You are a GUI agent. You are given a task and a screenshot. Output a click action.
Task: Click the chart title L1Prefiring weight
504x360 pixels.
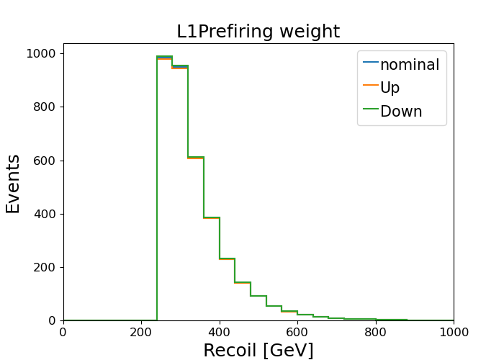[258, 32]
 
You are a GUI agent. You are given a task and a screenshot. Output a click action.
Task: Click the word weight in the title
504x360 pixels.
[310, 32]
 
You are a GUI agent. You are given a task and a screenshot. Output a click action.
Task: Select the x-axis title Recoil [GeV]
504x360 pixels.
[258, 350]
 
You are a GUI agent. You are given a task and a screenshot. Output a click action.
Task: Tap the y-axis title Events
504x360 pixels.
[13, 184]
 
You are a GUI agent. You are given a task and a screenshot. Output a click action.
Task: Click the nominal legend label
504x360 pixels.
[410, 65]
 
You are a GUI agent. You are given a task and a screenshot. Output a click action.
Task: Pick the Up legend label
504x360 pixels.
[390, 88]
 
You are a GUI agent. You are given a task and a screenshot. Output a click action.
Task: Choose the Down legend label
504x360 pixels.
[401, 111]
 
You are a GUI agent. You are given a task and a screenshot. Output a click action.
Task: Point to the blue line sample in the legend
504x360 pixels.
[371, 62]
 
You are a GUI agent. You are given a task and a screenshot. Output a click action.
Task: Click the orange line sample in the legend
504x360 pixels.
[371, 85]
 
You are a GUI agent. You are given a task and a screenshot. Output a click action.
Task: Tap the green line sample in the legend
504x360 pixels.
[371, 109]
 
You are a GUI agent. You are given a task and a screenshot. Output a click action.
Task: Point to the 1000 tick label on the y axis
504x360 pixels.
[41, 53]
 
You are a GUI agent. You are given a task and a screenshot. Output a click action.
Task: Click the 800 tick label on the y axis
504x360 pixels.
[45, 107]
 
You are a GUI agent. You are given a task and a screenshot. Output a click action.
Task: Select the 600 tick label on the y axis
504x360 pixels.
[45, 161]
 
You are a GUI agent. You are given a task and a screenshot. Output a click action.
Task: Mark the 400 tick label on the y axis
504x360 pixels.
[45, 214]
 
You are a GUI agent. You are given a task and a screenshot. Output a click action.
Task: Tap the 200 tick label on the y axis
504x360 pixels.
[45, 267]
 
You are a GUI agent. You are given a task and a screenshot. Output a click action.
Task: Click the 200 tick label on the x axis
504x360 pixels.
[141, 332]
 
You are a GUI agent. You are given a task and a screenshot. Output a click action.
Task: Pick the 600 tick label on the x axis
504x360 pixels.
[297, 332]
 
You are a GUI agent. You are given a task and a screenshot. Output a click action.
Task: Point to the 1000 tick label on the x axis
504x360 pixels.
[454, 332]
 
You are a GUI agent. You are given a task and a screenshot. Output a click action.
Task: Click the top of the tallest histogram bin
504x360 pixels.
[165, 57]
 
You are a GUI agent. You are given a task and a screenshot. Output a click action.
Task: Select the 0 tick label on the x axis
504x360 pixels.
[63, 332]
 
